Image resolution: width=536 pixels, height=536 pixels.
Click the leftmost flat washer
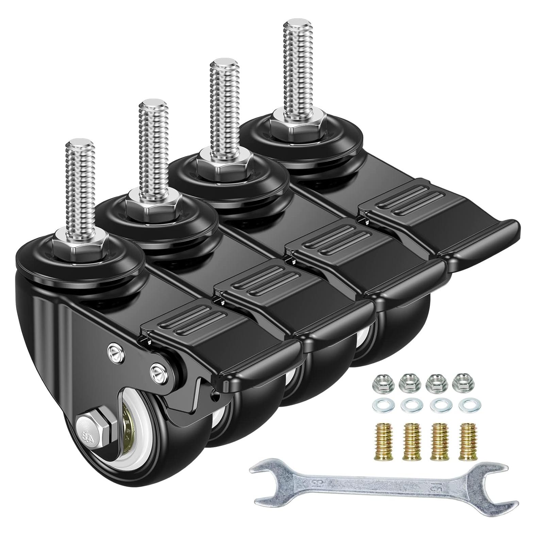(x=380, y=406)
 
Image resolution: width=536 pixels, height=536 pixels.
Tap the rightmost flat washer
(x=465, y=406)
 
